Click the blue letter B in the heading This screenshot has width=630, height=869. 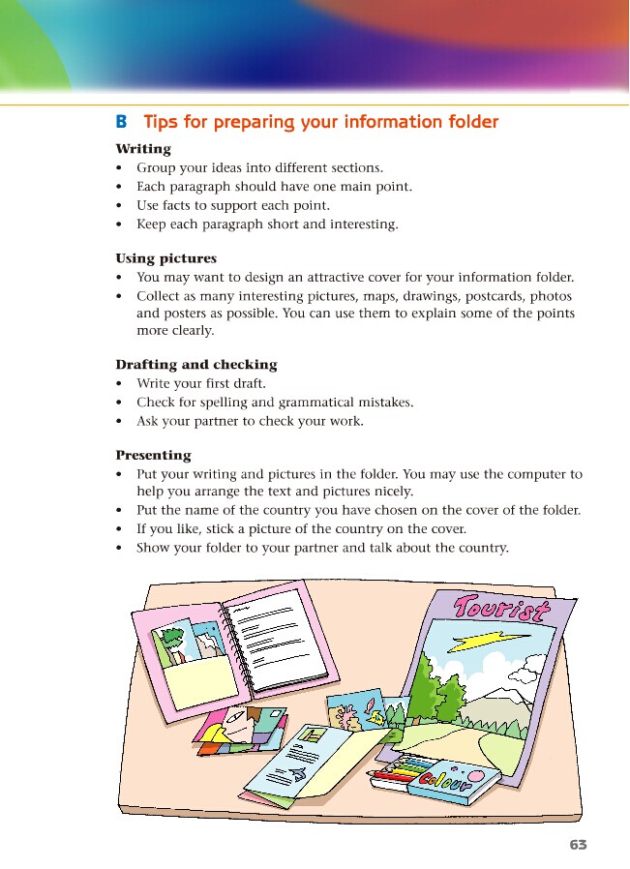pos(121,122)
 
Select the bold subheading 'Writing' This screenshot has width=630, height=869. pos(143,149)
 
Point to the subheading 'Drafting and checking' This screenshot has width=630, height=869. pos(195,365)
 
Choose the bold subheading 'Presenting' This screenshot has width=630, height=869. pos(153,455)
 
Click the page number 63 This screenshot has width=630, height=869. pos(578,844)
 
